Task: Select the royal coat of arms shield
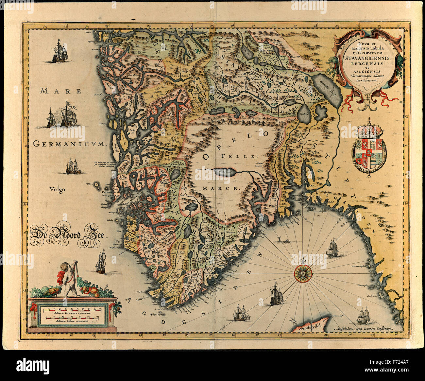tap(369, 153)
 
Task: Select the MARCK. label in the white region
tap(221, 189)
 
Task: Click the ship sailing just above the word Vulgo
tap(73, 166)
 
